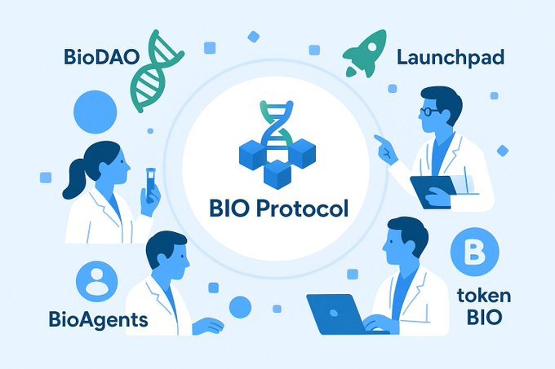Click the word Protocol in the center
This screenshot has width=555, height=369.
coord(303,209)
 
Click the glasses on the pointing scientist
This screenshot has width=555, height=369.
coord(428,111)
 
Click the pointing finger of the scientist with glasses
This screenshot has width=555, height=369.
coord(379,141)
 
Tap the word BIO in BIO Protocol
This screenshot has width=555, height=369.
coord(229,209)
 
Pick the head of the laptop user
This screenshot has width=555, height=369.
coord(406,243)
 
